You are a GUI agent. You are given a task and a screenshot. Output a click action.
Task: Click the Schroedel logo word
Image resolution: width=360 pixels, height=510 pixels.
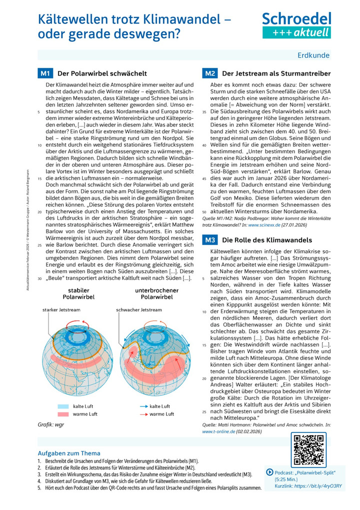(296, 20)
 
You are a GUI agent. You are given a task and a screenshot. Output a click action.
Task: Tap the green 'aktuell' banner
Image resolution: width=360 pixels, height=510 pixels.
(296, 33)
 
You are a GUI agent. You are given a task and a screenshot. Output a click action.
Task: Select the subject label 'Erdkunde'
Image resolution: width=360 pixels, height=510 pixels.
(313, 55)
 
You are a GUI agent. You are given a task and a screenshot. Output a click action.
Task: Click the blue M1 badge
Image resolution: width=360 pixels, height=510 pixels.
(45, 74)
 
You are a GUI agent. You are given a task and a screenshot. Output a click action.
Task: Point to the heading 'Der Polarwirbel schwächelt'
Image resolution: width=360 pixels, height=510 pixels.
(102, 74)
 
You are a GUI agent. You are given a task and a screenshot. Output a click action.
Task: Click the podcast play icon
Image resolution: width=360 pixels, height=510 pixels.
(270, 472)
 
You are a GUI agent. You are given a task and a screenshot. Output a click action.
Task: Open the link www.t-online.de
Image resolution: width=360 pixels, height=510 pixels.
(218, 430)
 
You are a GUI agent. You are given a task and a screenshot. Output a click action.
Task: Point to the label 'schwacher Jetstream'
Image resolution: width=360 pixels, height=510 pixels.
(139, 310)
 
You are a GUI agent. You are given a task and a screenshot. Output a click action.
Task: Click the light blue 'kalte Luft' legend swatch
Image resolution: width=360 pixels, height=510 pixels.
(63, 406)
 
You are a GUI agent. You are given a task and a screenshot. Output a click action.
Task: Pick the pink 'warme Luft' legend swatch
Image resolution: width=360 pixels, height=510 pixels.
(63, 414)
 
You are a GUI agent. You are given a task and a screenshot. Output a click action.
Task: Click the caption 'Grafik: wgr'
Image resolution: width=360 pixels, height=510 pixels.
(51, 424)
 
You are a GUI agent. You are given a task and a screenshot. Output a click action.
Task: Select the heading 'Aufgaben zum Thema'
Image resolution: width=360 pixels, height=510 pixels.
(69, 453)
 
